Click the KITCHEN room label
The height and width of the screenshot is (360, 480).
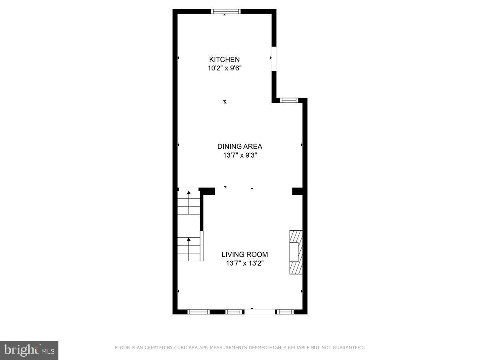[x=224, y=60]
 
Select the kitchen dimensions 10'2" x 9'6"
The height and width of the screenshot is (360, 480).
[x=224, y=68]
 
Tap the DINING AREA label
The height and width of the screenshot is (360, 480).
[x=240, y=146]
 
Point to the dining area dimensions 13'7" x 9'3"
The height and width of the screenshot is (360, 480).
[x=240, y=155]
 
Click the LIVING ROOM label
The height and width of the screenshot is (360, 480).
[x=245, y=254]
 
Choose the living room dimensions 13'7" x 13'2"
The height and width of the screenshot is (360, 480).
[x=245, y=263]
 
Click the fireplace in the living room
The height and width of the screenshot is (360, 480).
[x=296, y=252]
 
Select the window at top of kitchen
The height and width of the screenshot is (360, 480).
[x=226, y=11]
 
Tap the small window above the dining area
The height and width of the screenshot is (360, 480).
[x=289, y=100]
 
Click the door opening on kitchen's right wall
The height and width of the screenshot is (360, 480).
[x=274, y=59]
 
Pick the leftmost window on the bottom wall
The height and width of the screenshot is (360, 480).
[x=198, y=312]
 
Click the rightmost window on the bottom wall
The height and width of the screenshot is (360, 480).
[x=285, y=312]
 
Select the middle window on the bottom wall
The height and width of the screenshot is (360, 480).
[x=234, y=312]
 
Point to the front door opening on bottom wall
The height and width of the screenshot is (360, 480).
[x=259, y=312]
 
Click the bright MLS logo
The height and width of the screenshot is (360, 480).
[x=29, y=350]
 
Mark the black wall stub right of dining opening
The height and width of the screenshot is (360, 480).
[x=298, y=191]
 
